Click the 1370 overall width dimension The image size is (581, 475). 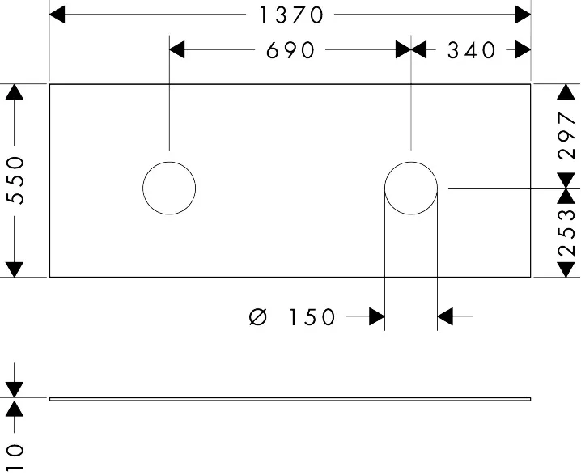click(x=291, y=15)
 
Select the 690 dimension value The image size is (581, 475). click(x=290, y=50)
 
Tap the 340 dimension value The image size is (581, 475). click(x=471, y=50)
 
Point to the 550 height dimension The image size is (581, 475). click(x=15, y=180)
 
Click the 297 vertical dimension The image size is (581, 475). click(x=567, y=136)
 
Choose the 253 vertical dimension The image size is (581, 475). click(x=567, y=233)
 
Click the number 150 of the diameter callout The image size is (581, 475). click(x=312, y=317)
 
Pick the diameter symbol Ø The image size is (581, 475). click(x=258, y=317)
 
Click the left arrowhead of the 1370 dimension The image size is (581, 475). click(x=57, y=15)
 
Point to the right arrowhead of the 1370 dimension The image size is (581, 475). click(x=524, y=15)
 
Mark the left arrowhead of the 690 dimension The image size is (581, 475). click(x=177, y=49)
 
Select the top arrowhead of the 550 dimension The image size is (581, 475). click(x=15, y=92)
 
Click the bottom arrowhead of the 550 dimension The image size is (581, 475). click(x=15, y=269)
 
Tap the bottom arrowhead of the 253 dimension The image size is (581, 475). click(x=566, y=269)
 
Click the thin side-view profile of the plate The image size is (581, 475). click(x=290, y=399)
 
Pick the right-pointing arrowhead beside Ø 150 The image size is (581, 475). click(x=377, y=316)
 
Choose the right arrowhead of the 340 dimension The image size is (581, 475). click(x=524, y=49)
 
